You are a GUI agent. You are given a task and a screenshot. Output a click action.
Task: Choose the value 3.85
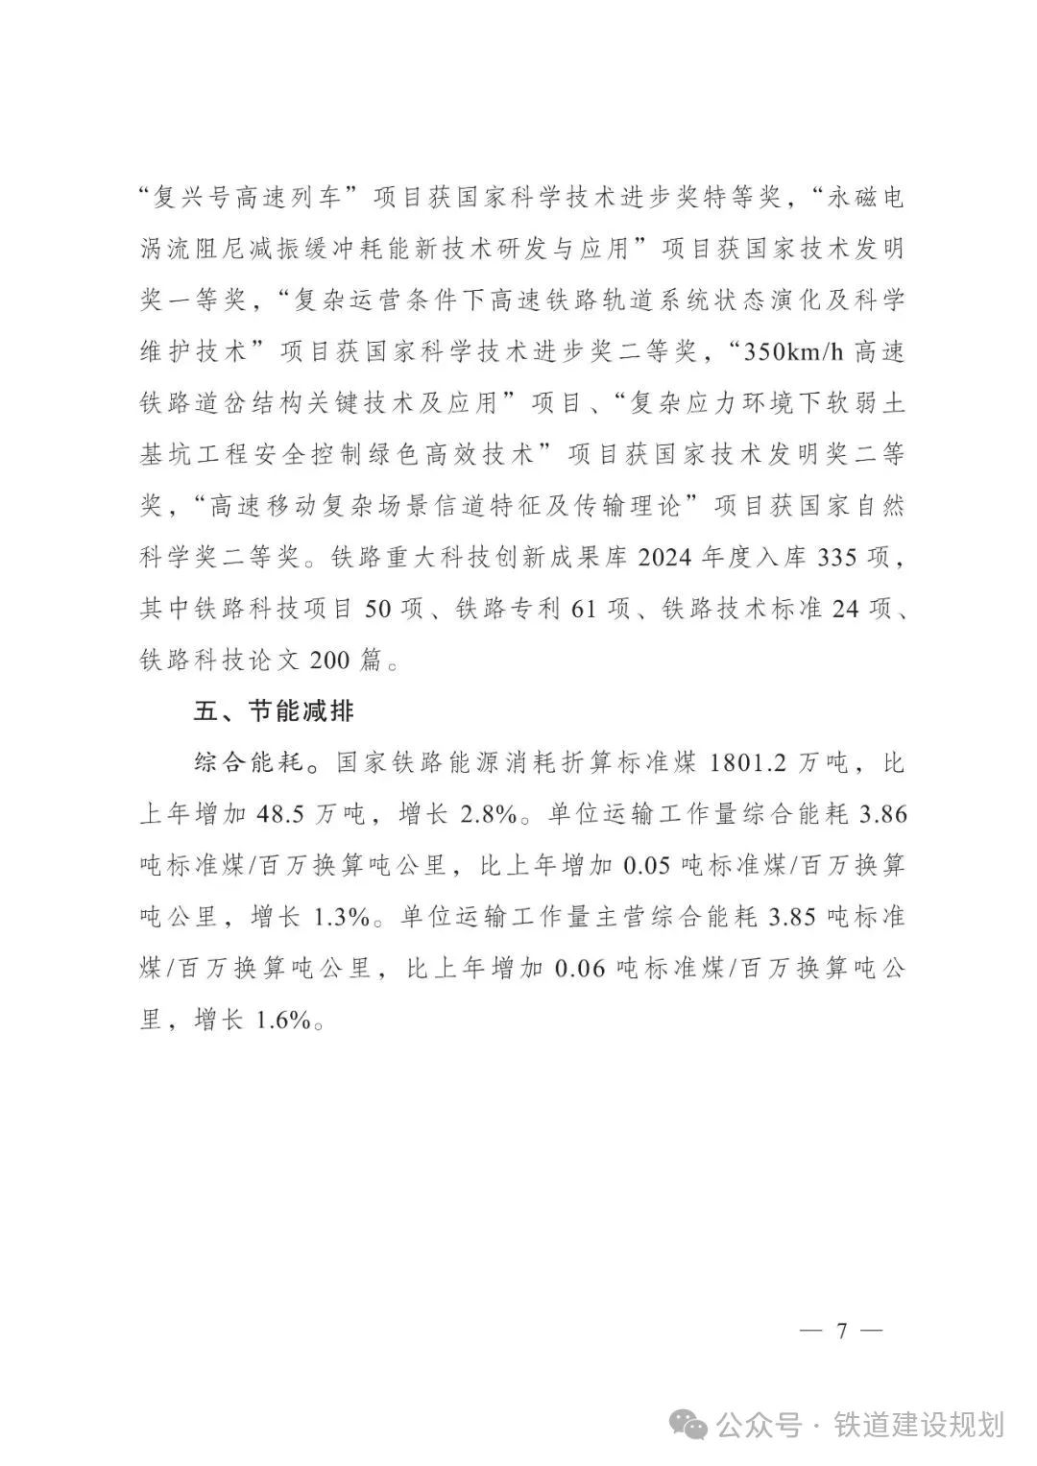coord(793,918)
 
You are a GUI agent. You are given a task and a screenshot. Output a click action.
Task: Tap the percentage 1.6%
coord(283,1021)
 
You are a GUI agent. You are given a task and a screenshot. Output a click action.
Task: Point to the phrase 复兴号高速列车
coord(259,198)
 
